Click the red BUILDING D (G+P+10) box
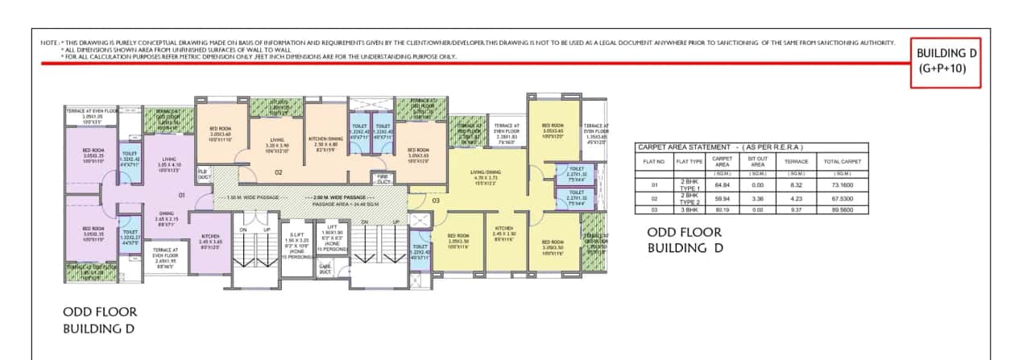[946, 61]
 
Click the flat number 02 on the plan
[278, 172]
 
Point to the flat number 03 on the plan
[436, 200]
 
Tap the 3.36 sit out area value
[757, 198]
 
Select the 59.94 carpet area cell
[723, 198]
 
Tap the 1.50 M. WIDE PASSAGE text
[246, 196]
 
